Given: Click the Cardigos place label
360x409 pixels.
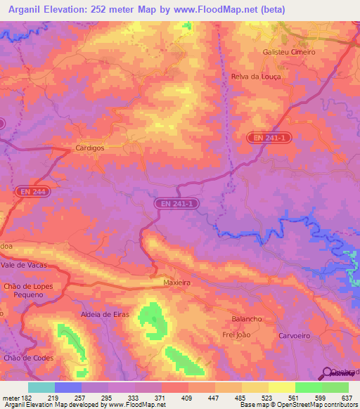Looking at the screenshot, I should pos(90,148).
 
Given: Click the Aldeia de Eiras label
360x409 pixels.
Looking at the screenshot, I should pos(105,314).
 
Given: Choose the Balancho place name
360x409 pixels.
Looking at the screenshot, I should pos(247,318).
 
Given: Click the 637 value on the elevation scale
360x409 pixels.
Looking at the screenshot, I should pos(347,397).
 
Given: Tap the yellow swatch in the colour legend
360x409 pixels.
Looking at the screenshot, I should pos(281,387).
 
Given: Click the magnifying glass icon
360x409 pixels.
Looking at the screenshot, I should pos(328,373).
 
